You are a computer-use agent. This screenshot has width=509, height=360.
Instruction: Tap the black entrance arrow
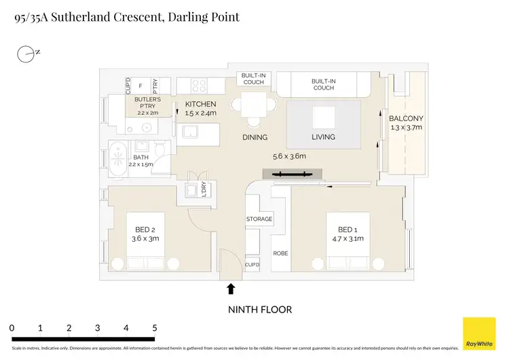[x=231, y=289]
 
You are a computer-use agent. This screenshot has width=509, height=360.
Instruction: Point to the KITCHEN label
[x=200, y=104]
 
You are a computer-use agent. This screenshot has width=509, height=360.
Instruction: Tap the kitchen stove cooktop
[x=200, y=86]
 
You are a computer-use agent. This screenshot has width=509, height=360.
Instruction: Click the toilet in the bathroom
[x=159, y=149]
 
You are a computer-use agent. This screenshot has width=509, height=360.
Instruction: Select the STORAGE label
[x=259, y=219]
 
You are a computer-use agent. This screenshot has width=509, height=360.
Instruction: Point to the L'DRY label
[x=203, y=190]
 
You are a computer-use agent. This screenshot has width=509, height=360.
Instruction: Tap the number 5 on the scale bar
[x=155, y=328]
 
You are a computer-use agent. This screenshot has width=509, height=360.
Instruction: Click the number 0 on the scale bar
[x=12, y=328]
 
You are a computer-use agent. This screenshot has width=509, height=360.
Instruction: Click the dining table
[x=254, y=108]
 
